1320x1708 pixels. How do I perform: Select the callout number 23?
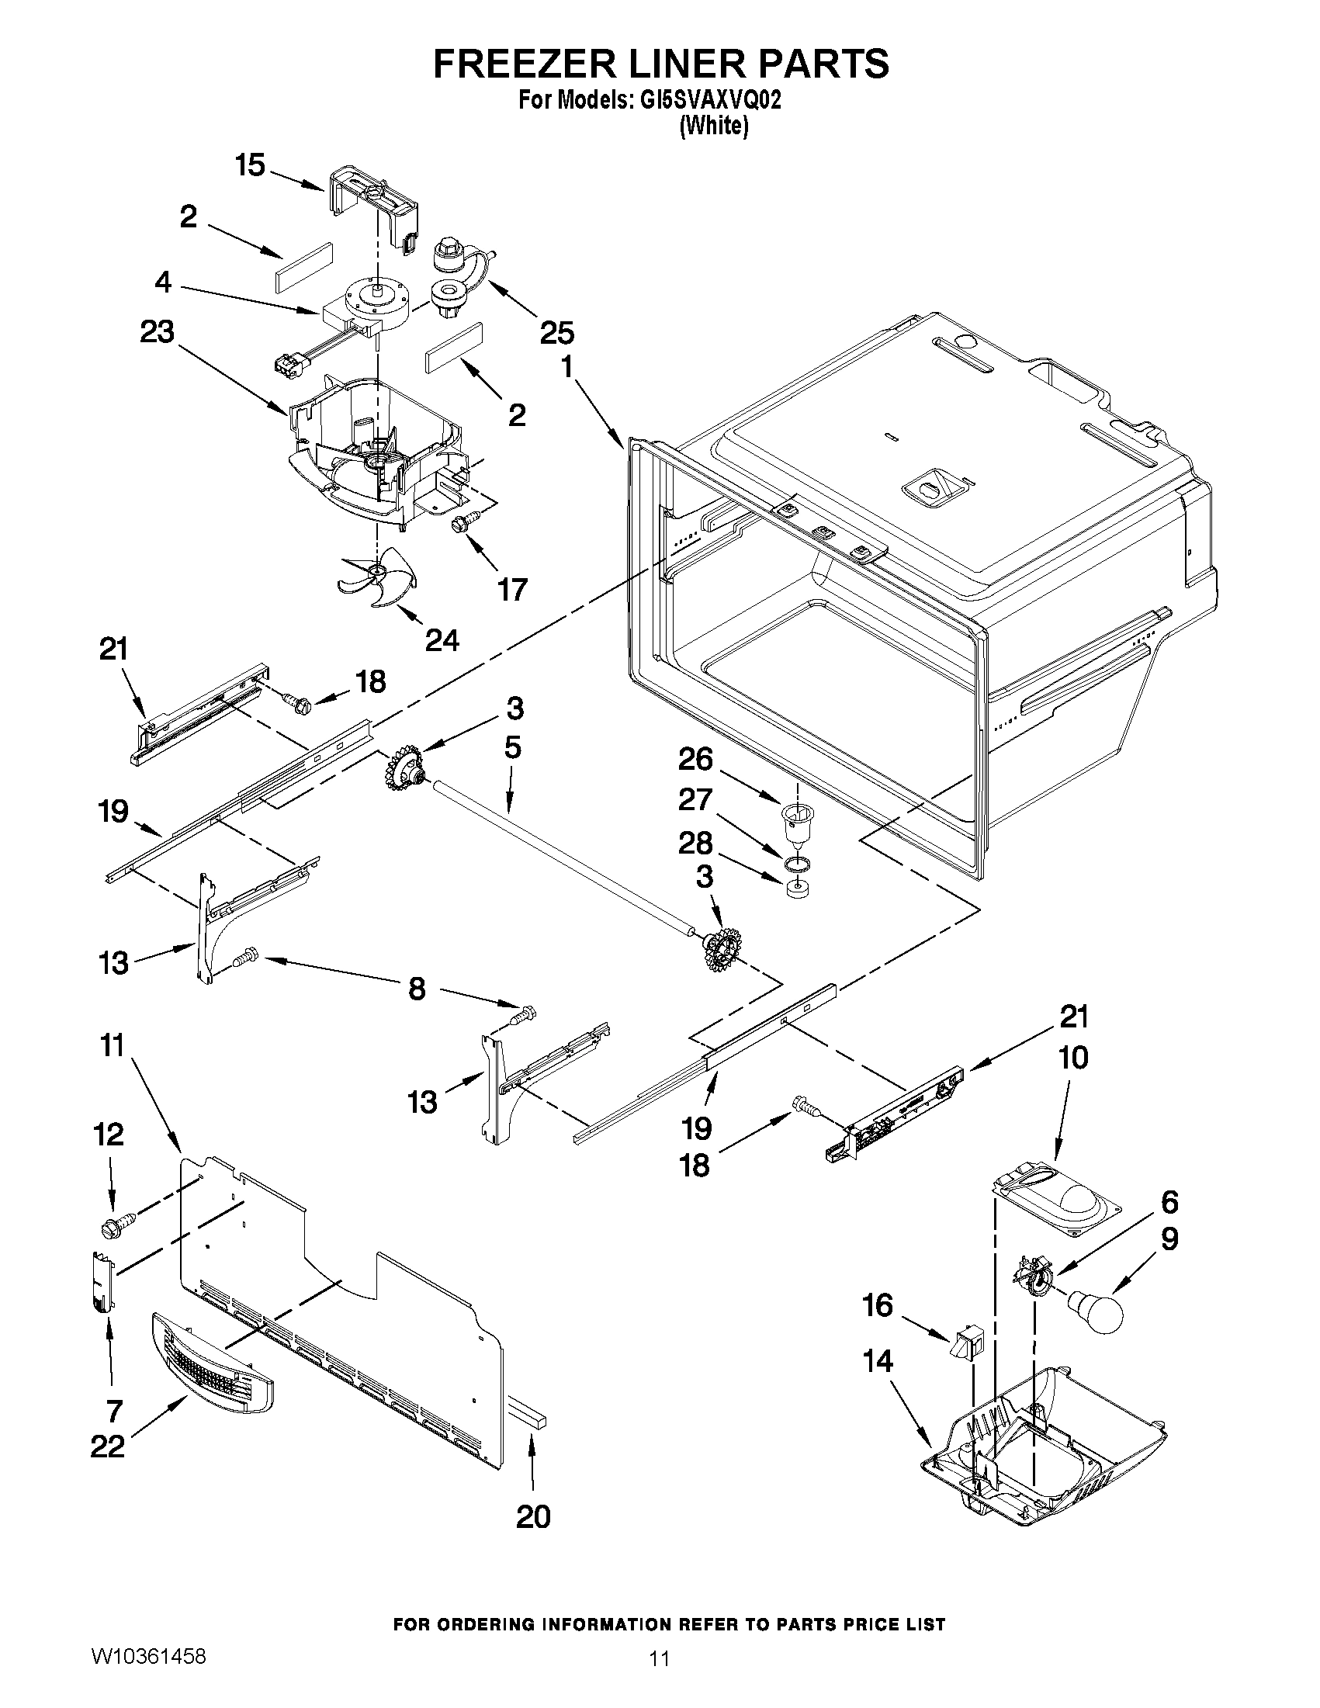[x=158, y=332]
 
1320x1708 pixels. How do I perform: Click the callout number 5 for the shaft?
[x=512, y=747]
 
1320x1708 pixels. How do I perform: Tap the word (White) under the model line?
[x=714, y=126]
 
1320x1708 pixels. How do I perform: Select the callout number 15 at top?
[x=250, y=166]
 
